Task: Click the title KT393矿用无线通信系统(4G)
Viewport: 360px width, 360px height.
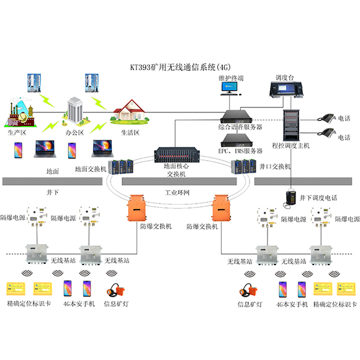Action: (179, 66)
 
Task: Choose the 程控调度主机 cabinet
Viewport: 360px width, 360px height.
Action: (291, 124)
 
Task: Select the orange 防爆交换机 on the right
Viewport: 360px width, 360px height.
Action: (221, 207)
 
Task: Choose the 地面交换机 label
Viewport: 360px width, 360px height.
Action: (91, 168)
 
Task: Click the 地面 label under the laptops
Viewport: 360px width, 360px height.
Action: (53, 170)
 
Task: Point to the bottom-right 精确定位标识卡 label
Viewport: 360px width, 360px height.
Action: (336, 305)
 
